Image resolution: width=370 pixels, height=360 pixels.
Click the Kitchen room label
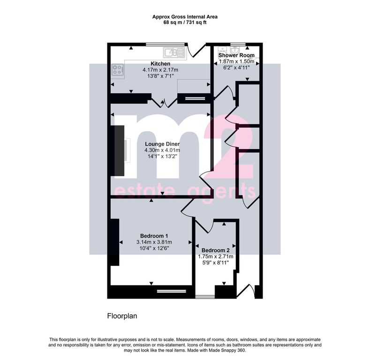pos(160,64)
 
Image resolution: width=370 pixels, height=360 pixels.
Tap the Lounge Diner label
pos(162,144)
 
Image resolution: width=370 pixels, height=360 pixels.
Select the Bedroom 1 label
pos(154,236)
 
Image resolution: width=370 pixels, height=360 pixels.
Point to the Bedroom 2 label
pos(215,250)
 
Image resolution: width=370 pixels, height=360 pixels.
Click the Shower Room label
pos(236,55)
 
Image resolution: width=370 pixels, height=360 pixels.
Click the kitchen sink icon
pos(174,52)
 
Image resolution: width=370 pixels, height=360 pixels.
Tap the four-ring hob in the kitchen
pos(118,69)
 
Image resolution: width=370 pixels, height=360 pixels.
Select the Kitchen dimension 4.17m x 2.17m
pos(160,70)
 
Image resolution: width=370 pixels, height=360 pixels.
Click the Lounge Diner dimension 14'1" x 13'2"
pos(162,156)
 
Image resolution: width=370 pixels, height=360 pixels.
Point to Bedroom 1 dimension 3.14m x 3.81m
pos(154,242)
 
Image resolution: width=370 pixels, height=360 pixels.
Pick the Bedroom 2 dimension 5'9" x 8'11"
pos(215,262)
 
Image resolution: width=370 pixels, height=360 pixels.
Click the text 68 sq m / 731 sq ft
pos(185,22)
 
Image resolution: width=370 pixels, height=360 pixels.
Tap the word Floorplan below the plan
pos(122,316)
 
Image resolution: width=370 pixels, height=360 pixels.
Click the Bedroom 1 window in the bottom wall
pos(172,291)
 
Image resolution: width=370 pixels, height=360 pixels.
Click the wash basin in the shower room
pos(235,50)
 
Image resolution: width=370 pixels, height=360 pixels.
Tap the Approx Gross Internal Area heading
pos(185,17)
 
